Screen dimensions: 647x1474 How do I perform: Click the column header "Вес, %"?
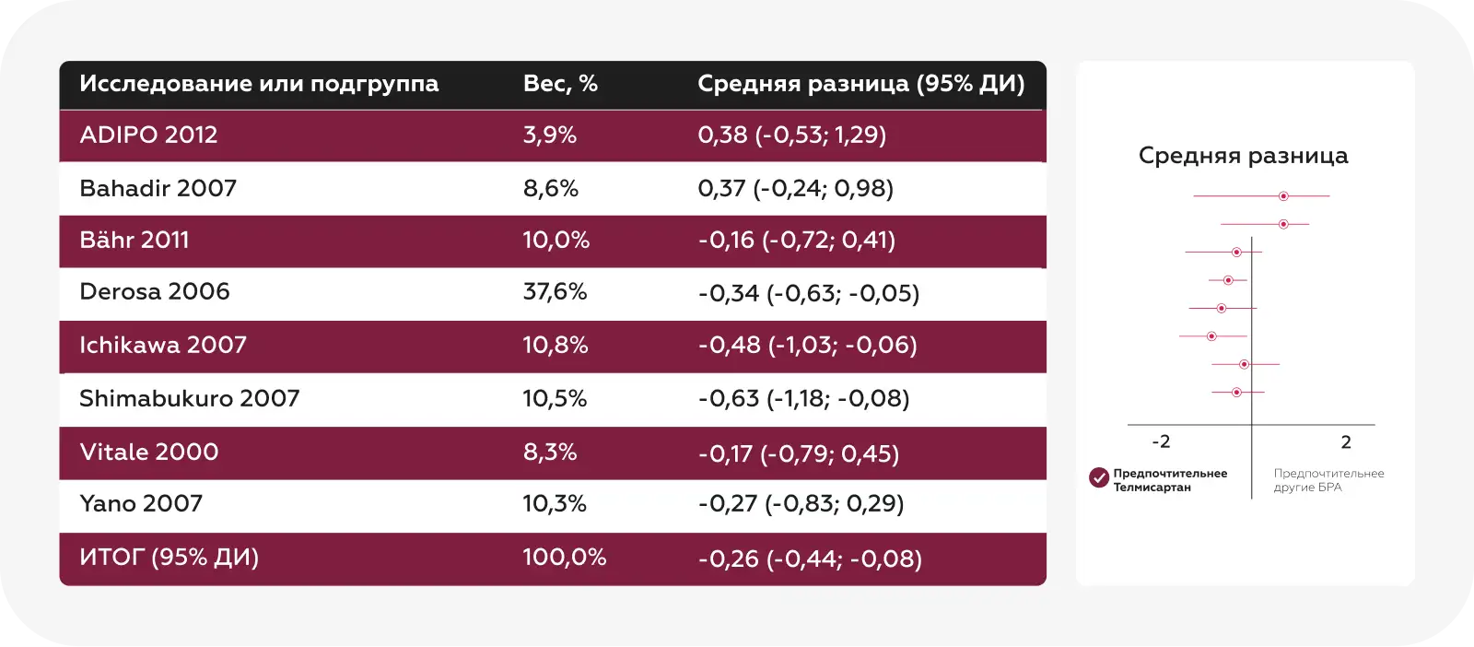(x=560, y=84)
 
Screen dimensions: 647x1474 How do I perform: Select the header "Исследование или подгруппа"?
(x=259, y=84)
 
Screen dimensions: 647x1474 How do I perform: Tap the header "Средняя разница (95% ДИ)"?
(x=860, y=84)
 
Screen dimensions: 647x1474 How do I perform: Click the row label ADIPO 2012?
(x=148, y=135)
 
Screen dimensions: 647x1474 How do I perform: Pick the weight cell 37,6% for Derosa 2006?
(x=555, y=292)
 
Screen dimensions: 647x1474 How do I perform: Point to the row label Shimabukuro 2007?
(x=190, y=399)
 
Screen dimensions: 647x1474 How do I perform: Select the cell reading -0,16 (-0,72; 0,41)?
(x=796, y=241)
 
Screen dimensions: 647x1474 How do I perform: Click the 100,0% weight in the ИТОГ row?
(x=564, y=558)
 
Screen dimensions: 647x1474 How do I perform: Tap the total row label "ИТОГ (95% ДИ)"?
(x=169, y=558)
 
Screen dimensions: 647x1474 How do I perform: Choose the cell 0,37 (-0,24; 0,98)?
(x=795, y=189)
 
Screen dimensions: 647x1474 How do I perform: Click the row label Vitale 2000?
(x=149, y=453)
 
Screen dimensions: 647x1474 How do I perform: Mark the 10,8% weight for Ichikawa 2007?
(x=555, y=346)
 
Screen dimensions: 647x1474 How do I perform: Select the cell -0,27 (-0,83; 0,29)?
(x=801, y=504)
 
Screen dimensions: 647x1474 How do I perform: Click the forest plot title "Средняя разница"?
(x=1243, y=156)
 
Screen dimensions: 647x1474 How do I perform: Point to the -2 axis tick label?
(x=1161, y=442)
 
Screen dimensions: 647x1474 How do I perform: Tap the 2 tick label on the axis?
(x=1346, y=442)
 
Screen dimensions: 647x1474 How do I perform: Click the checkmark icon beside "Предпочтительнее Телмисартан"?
(x=1099, y=477)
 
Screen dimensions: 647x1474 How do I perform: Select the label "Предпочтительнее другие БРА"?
(x=1328, y=480)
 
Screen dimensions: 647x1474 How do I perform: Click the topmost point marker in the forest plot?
(x=1283, y=196)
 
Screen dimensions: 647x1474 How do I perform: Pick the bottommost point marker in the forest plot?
(x=1236, y=393)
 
